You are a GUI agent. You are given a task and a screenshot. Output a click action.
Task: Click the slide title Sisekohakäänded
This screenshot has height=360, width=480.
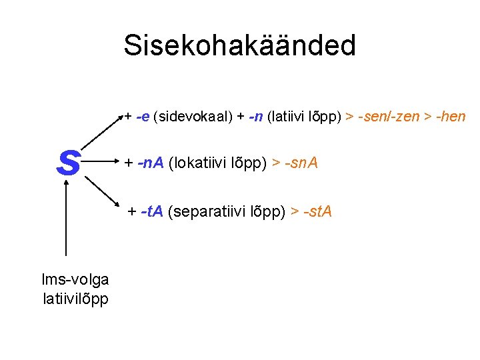click(239, 45)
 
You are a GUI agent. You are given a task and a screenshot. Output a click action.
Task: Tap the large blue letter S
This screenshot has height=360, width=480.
click(68, 163)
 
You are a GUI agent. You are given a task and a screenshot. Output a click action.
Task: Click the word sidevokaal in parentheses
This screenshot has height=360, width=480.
click(193, 117)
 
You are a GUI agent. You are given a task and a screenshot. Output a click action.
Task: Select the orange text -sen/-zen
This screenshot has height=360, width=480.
click(389, 117)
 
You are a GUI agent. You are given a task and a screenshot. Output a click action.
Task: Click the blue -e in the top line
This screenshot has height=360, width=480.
click(142, 117)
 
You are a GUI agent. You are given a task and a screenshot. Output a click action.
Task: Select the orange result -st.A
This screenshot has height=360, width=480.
click(317, 212)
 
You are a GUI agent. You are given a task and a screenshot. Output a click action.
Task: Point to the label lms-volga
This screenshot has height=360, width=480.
click(75, 280)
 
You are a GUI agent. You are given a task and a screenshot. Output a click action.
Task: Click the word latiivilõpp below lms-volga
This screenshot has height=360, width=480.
click(75, 298)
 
